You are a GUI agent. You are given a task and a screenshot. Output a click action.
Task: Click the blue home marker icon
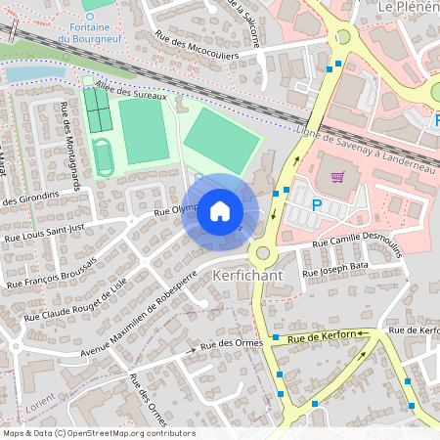(220, 210)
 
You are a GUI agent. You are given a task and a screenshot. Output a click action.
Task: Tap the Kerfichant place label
(247, 276)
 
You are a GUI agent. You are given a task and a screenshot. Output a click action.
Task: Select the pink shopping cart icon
(338, 177)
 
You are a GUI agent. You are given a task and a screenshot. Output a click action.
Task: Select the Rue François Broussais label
(54, 270)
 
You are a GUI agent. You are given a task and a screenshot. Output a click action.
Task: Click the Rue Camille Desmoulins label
(359, 242)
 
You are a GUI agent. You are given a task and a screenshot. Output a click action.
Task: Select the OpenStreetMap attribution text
(99, 433)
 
